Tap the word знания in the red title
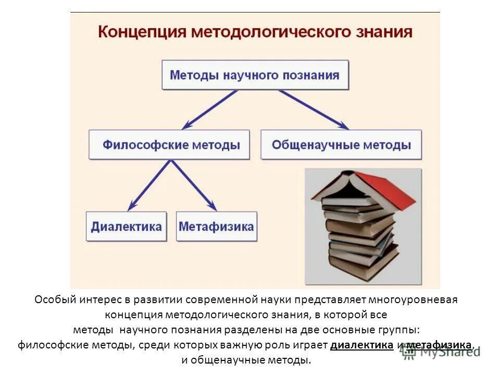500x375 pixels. pos(383,32)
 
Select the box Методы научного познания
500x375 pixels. pos(255,75)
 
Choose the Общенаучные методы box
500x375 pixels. pos(341,144)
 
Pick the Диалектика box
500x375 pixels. pos(127,227)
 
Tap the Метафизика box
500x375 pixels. pos(216,227)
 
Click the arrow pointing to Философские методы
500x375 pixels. pos(208,109)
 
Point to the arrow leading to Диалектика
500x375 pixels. pos(148,185)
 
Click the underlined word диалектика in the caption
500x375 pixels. pos(362,345)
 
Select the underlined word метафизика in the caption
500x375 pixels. pos(440,345)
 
